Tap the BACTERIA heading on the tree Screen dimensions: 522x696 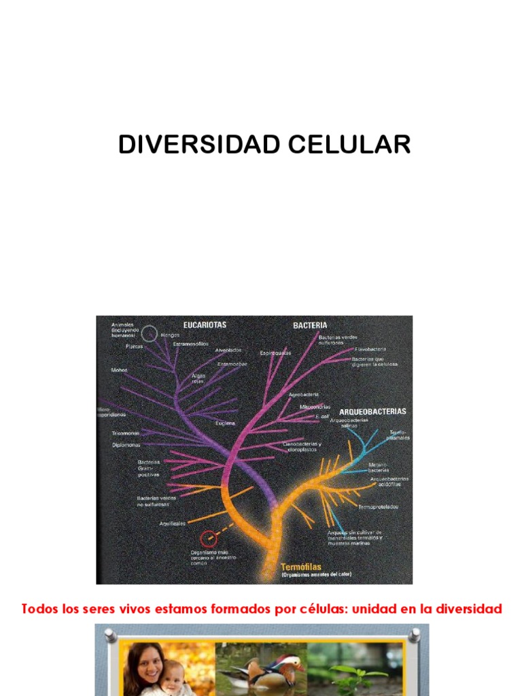310,326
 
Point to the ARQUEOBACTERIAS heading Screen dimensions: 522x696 372,411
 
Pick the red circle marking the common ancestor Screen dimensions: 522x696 211,540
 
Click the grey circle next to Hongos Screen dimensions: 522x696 150,334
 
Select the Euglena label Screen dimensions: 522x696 225,423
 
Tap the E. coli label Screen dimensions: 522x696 321,416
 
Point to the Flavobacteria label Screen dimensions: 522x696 370,349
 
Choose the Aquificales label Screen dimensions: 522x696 173,523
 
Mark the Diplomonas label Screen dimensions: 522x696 126,445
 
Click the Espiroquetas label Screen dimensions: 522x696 275,353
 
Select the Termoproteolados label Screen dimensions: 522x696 378,507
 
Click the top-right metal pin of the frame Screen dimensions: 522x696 414,636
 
